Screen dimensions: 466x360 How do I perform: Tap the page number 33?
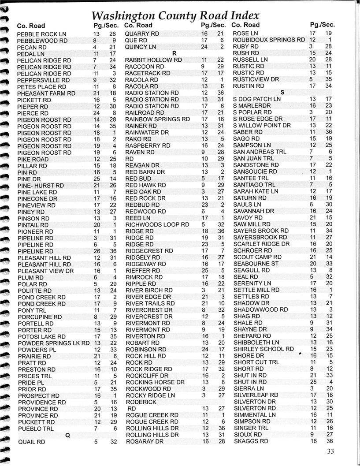tap(331, 451)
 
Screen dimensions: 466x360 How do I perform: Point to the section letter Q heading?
tap(67, 435)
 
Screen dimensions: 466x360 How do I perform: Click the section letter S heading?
tap(282, 92)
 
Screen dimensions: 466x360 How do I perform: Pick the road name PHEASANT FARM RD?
tap(46, 93)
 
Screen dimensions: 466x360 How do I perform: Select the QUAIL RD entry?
tap(31, 441)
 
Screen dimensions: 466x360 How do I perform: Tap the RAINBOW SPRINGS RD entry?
tap(158, 119)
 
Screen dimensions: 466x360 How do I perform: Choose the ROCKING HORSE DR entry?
tap(155, 382)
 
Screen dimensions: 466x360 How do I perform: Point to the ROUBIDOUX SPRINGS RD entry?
tap(269, 40)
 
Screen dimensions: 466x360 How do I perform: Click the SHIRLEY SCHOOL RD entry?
tap(264, 349)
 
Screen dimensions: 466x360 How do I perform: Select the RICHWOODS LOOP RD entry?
tap(154, 224)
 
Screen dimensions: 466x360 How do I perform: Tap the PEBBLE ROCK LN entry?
tap(41, 34)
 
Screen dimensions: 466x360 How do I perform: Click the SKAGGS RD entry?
tap(248, 441)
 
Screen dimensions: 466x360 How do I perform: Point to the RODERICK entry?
tap(141, 402)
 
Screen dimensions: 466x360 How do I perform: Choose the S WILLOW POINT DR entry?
tap(262, 126)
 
